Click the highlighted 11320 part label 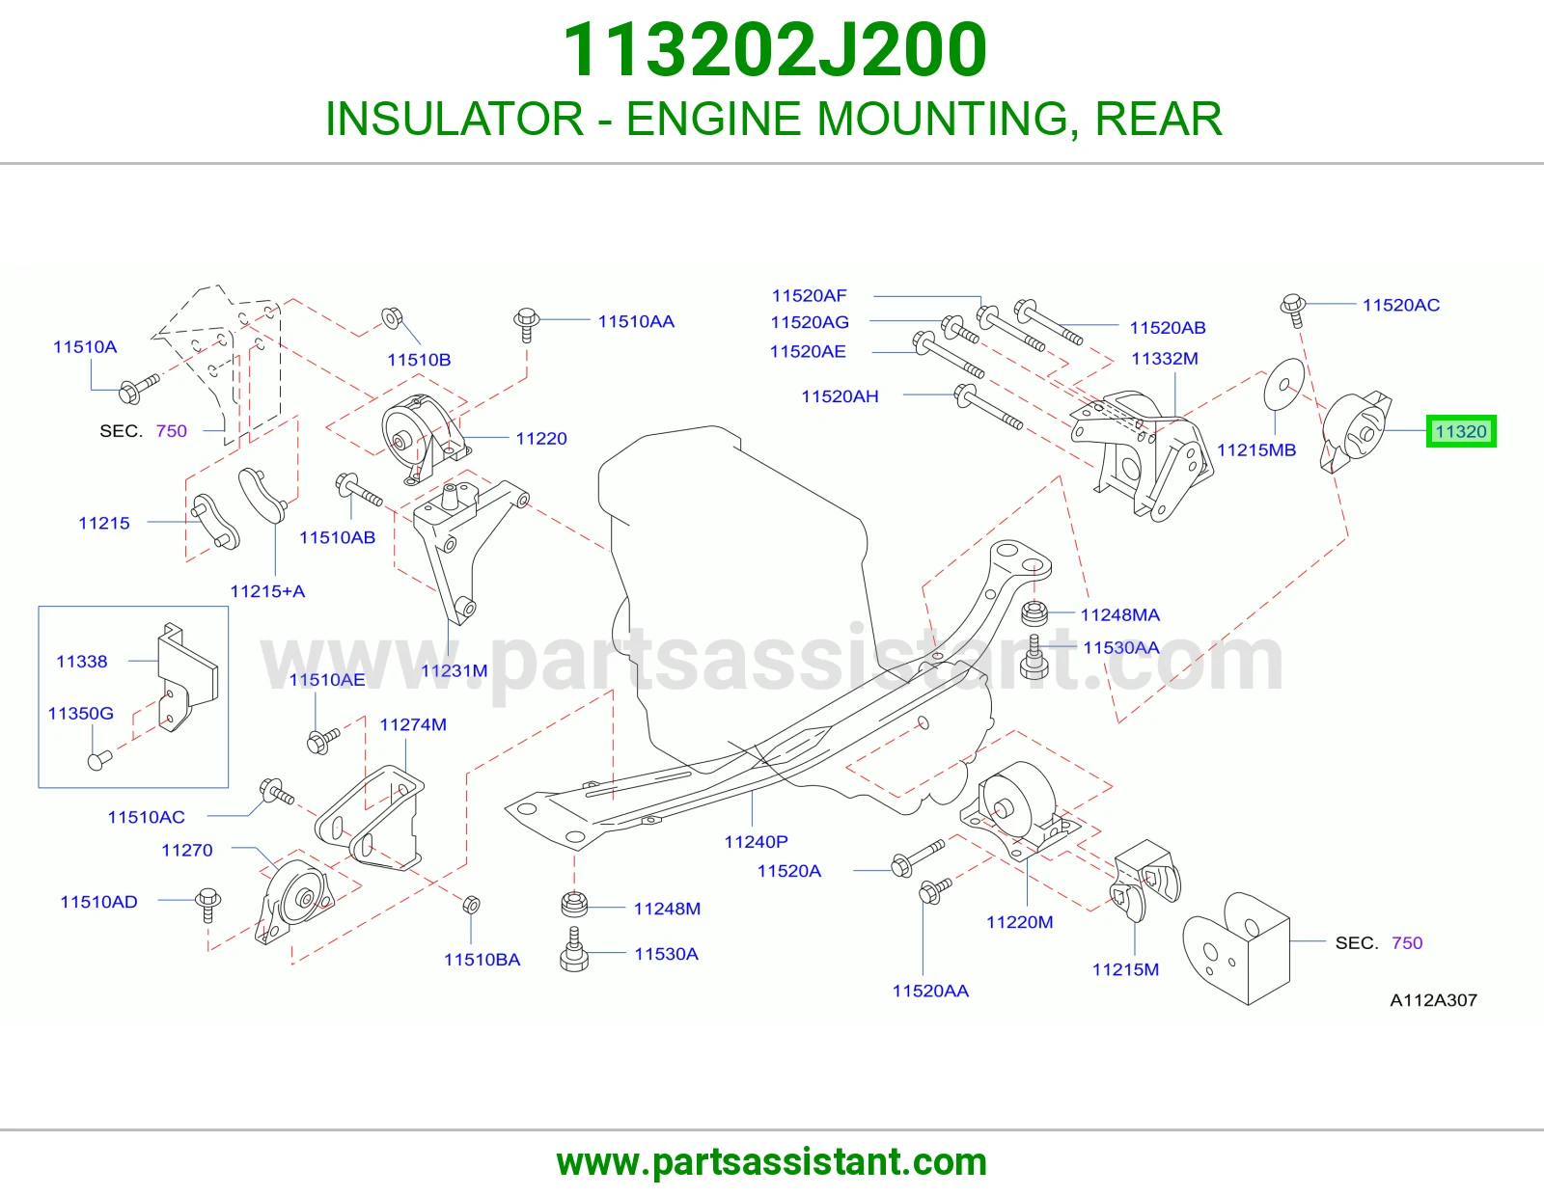[1461, 431]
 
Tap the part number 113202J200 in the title [775, 49]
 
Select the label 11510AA [636, 322]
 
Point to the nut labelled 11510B [392, 317]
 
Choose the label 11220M [1020, 922]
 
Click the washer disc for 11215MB [1284, 384]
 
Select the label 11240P [756, 842]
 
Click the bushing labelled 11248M [574, 904]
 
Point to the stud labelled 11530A [574, 949]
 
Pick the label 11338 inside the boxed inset [82, 662]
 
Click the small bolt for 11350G [99, 760]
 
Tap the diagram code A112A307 [1433, 1000]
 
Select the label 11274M [413, 724]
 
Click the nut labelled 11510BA [471, 905]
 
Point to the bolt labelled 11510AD [208, 904]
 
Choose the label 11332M [1165, 359]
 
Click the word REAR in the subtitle [1159, 119]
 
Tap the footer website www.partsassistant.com [772, 1162]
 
